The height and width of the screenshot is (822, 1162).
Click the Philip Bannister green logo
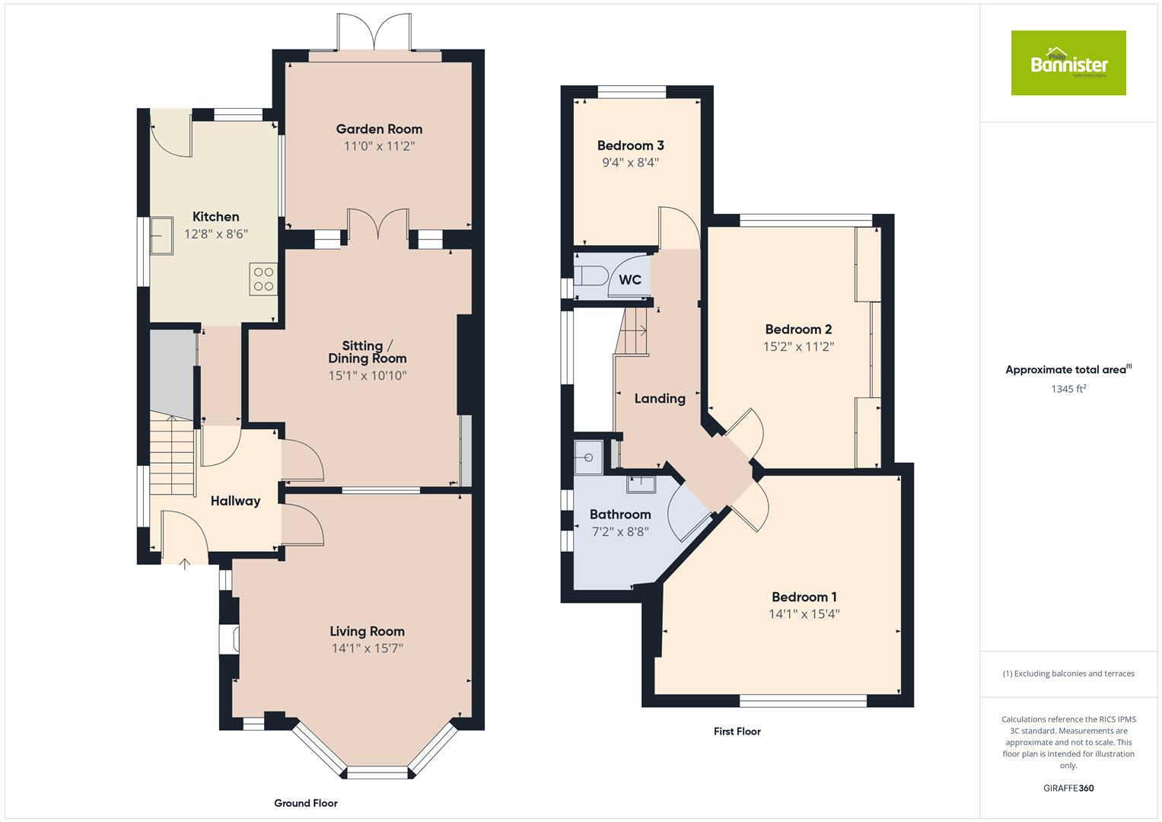(1068, 63)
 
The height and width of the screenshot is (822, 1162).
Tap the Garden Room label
(379, 129)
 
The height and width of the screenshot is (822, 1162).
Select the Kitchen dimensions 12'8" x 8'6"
(216, 234)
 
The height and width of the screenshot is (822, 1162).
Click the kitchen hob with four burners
(263, 279)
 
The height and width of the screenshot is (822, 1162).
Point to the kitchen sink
(162, 235)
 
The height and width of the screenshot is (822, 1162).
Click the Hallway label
(235, 501)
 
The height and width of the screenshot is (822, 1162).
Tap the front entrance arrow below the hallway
(184, 564)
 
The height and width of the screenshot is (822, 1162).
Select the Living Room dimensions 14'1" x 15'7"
(367, 648)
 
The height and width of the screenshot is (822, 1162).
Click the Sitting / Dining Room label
(367, 352)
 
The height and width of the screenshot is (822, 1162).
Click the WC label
(630, 280)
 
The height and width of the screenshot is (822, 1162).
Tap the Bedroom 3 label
(630, 145)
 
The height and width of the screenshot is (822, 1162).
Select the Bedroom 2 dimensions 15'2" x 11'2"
(798, 347)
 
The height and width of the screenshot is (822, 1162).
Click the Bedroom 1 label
(804, 597)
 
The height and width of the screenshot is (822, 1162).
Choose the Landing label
(660, 398)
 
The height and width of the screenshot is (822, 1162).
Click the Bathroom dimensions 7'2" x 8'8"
(619, 532)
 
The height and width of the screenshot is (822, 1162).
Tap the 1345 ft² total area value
(1068, 389)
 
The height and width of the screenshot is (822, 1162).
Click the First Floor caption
(737, 731)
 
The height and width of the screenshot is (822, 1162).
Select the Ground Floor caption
(305, 803)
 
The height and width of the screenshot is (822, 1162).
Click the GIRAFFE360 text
(1068, 788)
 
